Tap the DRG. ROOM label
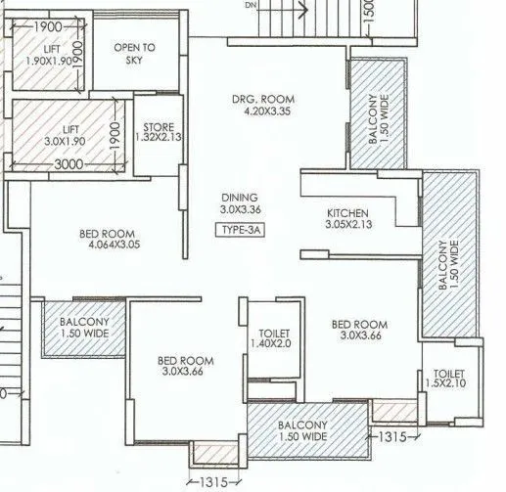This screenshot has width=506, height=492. coord(263,100)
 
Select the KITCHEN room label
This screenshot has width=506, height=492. coord(347,212)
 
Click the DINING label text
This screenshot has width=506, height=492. coord(241,197)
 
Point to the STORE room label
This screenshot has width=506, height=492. coord(159,127)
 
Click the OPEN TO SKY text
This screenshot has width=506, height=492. coord(135,53)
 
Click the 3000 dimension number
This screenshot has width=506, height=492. coord(68,165)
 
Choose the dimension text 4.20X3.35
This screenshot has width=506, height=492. coord(263,112)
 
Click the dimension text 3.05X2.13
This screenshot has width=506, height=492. coord(347,225)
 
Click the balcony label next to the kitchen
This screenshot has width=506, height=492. coord(449,253)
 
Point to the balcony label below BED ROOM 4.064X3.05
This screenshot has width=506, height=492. coord(84,327)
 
